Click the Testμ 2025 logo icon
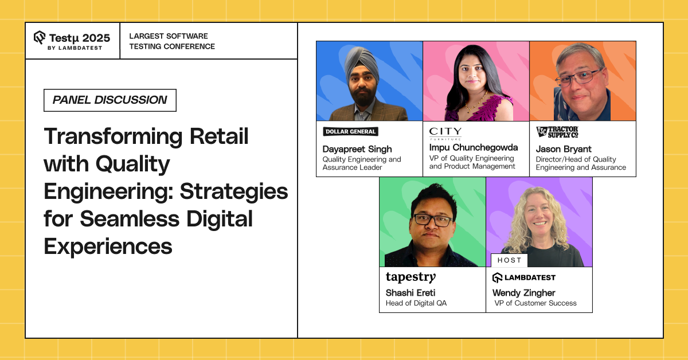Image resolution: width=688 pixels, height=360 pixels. (x=40, y=37)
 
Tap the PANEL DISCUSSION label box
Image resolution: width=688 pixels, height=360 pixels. (x=110, y=100)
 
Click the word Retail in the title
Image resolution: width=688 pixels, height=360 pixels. (x=219, y=136)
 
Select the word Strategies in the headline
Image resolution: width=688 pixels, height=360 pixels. (x=234, y=192)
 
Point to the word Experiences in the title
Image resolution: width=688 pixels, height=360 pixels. (x=108, y=246)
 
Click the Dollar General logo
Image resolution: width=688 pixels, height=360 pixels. (x=350, y=131)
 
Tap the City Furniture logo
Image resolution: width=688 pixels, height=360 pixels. (x=445, y=134)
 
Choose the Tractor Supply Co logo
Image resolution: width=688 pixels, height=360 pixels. (x=557, y=132)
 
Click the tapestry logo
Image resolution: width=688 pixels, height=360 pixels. (x=411, y=277)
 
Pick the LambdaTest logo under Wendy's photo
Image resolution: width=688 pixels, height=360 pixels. (x=524, y=277)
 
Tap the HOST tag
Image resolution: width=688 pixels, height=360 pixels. (x=509, y=260)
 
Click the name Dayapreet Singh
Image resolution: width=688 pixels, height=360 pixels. (x=357, y=149)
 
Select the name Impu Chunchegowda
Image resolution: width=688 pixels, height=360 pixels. (x=474, y=147)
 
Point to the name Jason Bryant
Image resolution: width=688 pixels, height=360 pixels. (x=564, y=149)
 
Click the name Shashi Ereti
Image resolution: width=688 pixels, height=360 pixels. (x=411, y=293)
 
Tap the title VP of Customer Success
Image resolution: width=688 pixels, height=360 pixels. (x=535, y=303)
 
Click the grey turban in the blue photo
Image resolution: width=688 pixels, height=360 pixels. (x=360, y=63)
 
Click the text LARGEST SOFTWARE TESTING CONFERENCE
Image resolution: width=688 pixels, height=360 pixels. (x=172, y=41)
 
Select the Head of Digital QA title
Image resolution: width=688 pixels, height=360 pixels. (x=416, y=303)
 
